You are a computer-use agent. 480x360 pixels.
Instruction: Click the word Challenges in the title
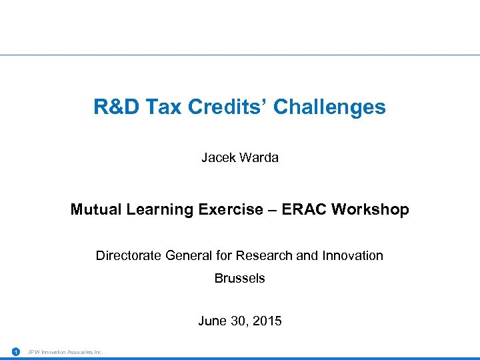coord(329,107)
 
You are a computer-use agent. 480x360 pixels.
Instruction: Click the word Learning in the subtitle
coord(160,209)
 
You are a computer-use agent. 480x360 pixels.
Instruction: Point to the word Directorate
coord(129,255)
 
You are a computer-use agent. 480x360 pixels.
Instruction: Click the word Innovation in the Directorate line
coord(353,255)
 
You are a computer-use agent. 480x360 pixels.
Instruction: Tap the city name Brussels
coord(239,279)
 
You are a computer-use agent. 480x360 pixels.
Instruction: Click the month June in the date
coord(212,321)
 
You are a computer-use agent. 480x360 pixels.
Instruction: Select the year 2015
coord(267,321)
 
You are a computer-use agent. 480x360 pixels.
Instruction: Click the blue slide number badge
coord(15,351)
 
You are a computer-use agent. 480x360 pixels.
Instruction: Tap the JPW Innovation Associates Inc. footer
coord(65,351)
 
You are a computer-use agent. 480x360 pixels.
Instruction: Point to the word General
coord(190,255)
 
